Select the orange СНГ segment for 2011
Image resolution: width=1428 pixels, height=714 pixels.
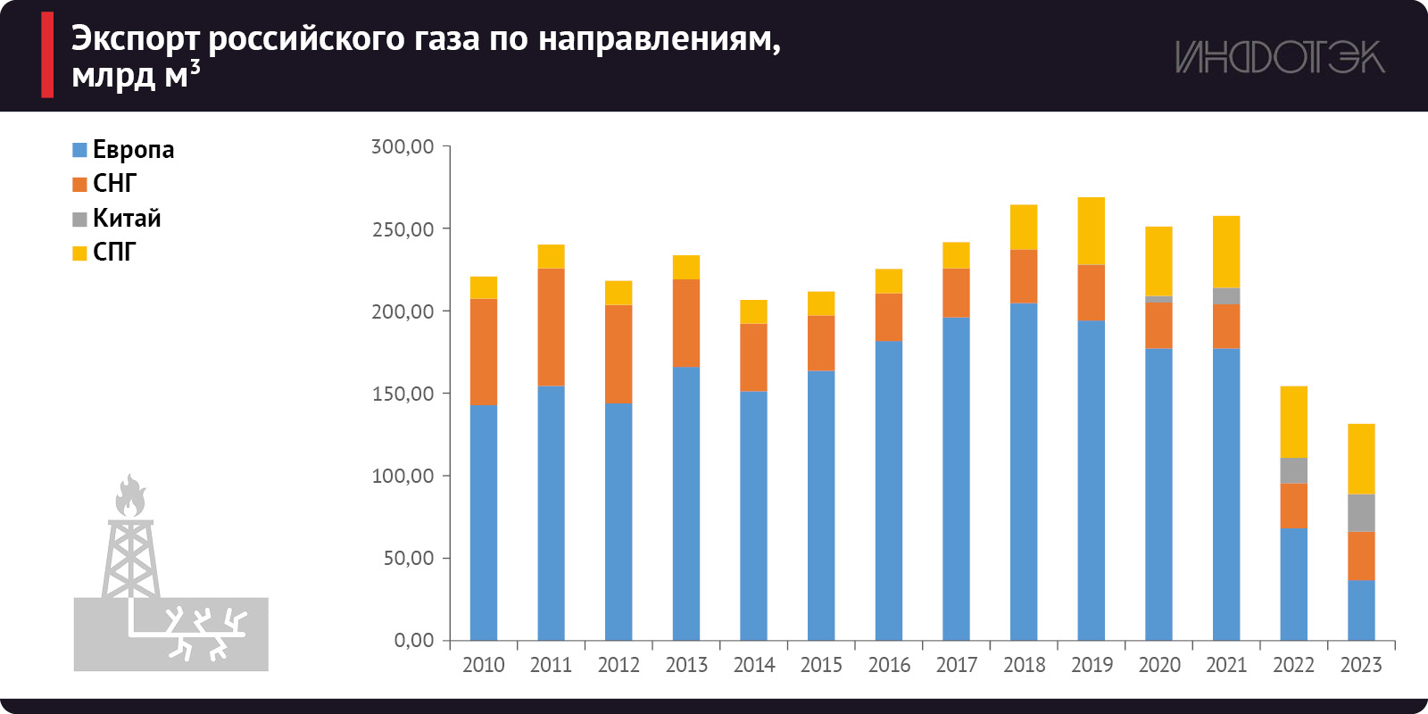pos(551,327)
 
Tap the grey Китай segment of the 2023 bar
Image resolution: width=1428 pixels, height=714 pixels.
pos(1361,512)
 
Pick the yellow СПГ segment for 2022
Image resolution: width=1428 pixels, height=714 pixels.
pos(1293,421)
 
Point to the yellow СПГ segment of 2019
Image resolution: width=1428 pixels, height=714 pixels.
pos(1091,230)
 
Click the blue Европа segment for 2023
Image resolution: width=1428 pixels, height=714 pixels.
pos(1361,610)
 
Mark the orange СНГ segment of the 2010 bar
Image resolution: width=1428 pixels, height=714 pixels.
pos(484,351)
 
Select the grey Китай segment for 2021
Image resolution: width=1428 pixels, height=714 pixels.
pos(1226,296)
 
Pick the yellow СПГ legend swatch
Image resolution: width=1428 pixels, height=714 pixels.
pos(79,253)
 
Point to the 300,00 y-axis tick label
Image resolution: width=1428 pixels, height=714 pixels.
pos(403,146)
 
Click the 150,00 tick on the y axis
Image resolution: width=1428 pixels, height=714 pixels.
pos(403,394)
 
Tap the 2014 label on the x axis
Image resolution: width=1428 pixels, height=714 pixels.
pos(754,665)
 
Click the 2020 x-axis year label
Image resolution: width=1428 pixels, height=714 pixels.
pos(1159,665)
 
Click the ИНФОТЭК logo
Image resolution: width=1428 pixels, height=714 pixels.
pos(1279,57)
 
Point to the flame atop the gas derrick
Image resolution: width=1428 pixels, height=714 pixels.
pos(130,496)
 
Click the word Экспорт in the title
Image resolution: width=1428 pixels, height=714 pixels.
pos(135,39)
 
